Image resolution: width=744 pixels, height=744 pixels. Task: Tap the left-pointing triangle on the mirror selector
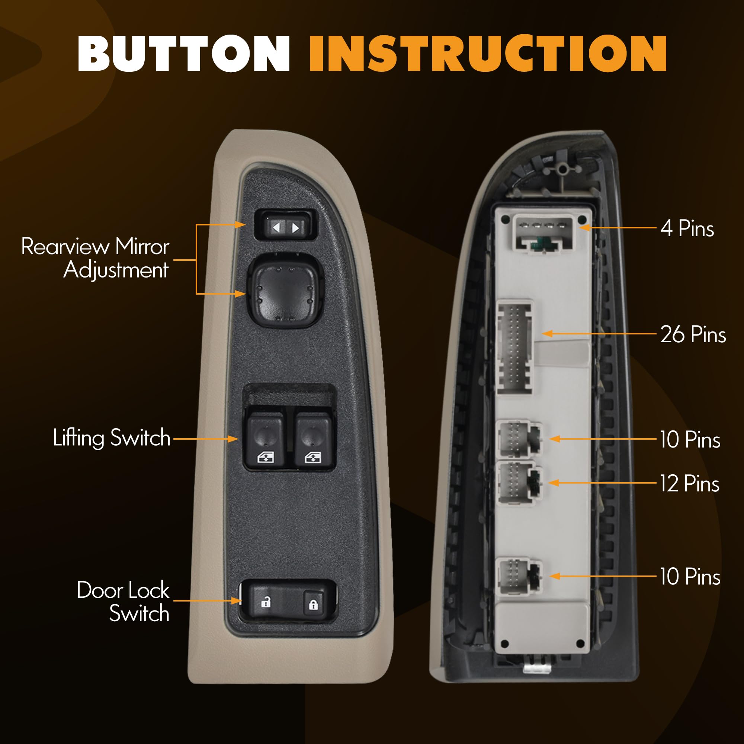point(276,228)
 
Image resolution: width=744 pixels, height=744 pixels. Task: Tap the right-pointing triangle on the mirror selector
point(295,228)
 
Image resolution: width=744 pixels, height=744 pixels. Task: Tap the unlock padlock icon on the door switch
point(266,602)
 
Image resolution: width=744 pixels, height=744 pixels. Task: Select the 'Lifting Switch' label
point(112,438)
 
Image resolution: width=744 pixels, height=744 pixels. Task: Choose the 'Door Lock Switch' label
point(123,602)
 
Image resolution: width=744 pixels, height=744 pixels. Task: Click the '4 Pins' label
point(687,228)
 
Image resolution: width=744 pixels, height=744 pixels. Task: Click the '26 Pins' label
point(693,334)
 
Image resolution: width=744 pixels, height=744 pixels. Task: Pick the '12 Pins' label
point(690,483)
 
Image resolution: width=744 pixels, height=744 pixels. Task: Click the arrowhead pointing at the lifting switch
point(232,439)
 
